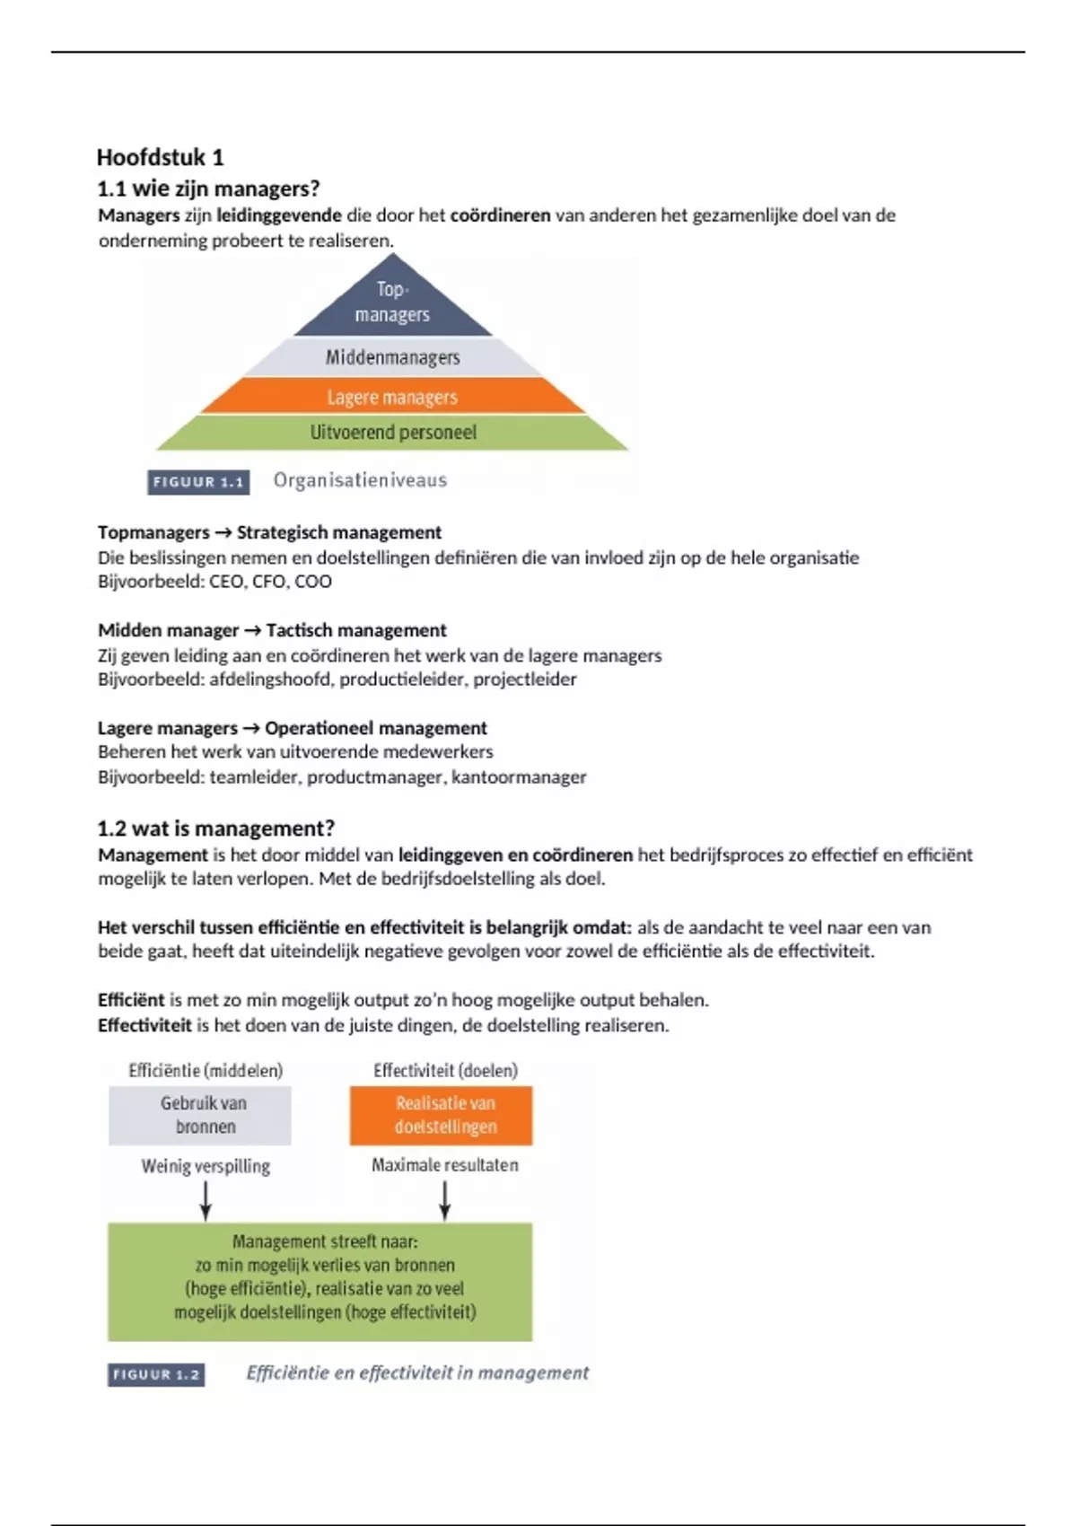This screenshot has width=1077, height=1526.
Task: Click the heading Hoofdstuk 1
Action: (160, 158)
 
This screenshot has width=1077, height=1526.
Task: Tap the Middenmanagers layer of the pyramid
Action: (392, 357)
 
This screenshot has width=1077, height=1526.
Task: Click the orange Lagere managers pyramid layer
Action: (392, 397)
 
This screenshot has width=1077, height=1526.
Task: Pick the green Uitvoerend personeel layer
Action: (392, 433)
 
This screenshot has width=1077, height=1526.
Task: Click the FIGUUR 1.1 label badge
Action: (198, 482)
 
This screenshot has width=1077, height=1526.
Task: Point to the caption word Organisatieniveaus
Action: (360, 480)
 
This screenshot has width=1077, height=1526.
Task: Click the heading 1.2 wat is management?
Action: (215, 828)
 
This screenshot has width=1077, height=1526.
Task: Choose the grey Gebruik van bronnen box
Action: (200, 1115)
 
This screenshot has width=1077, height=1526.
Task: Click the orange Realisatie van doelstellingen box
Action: (441, 1115)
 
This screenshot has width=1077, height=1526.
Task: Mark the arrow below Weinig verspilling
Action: (206, 1200)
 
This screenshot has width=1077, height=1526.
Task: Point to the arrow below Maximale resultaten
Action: (444, 1200)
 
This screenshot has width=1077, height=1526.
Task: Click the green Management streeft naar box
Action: (320, 1281)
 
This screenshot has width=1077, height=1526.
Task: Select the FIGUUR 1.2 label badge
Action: (156, 1374)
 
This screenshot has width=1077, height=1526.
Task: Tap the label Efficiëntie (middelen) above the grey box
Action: (206, 1070)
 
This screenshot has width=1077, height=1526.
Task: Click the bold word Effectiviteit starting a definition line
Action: (144, 1025)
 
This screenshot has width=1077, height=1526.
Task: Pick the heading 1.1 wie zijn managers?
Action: (208, 189)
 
